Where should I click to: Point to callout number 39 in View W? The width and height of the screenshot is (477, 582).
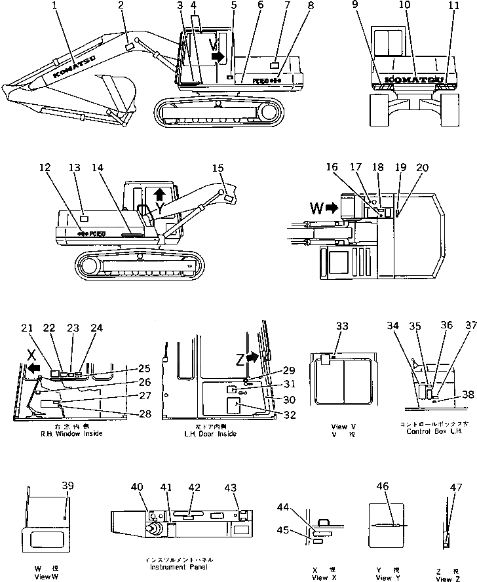[67, 486]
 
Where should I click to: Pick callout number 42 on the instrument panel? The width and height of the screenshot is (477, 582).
[195, 487]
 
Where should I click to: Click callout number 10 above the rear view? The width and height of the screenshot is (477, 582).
[405, 6]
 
